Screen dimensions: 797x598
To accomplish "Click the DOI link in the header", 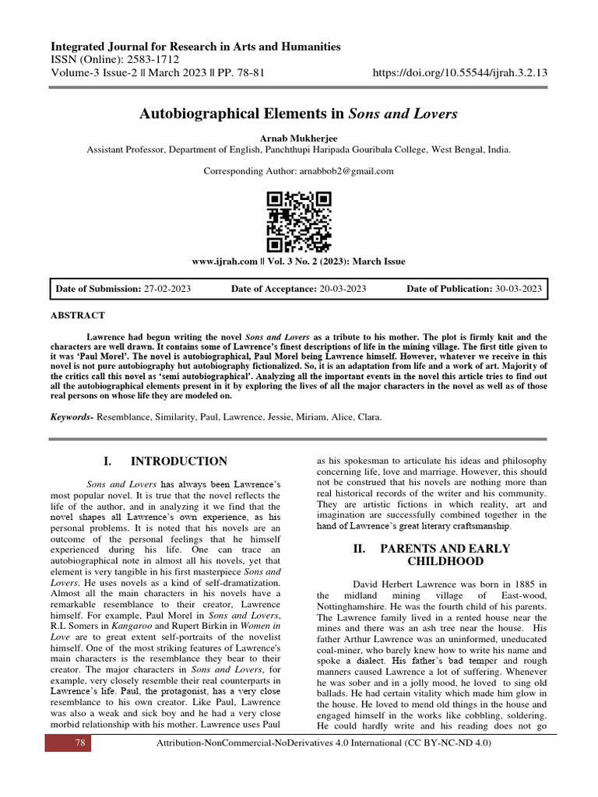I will (x=460, y=72).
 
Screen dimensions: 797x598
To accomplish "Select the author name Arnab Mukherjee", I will (x=298, y=138).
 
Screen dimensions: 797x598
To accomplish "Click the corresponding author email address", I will (x=346, y=171).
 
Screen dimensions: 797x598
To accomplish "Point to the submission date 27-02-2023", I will (x=167, y=289).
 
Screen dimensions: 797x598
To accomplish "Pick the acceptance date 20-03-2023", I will (x=343, y=289).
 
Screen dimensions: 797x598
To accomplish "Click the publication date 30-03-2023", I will (x=518, y=289).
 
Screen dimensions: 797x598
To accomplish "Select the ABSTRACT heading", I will (x=77, y=315).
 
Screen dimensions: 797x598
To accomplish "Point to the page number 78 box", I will (x=79, y=743).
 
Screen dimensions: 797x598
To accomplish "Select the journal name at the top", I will (x=195, y=47).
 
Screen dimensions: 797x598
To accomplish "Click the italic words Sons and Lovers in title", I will (x=403, y=114).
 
